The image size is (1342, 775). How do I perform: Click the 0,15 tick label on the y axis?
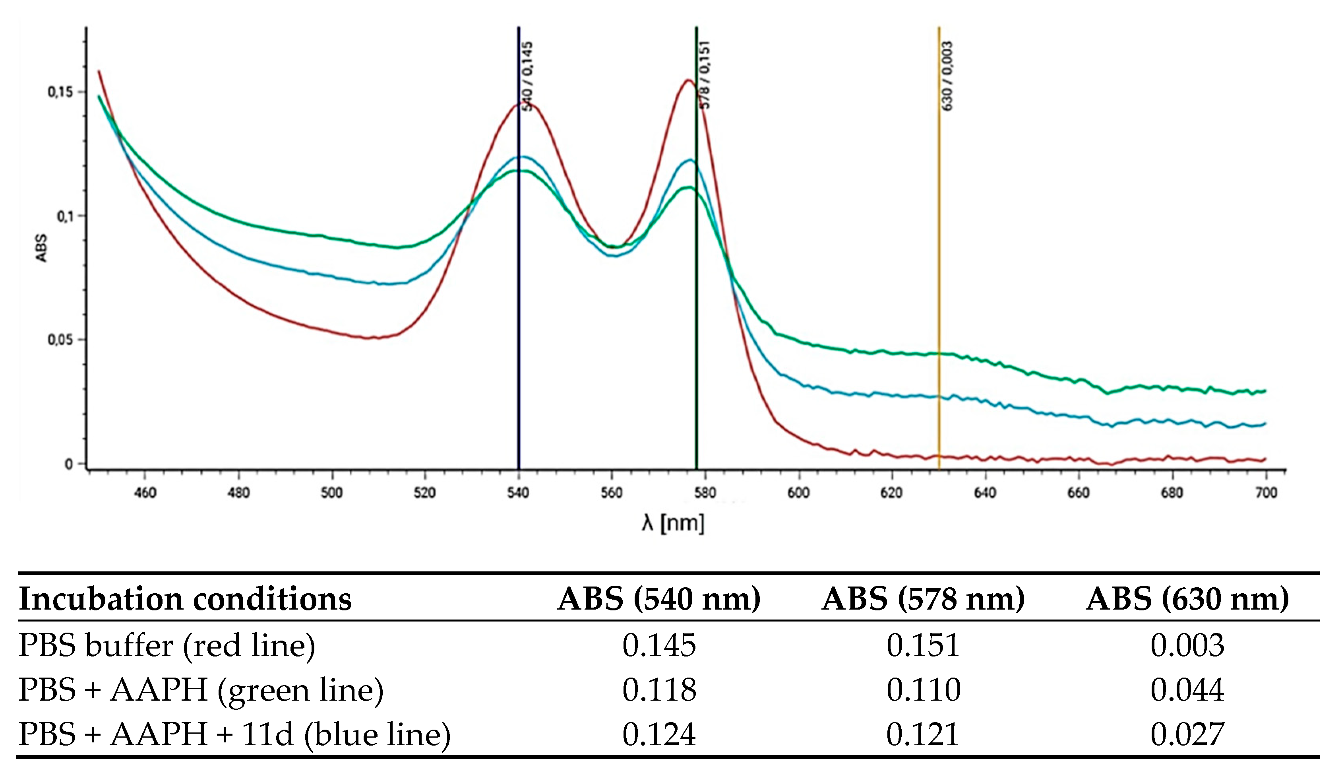[x=60, y=92]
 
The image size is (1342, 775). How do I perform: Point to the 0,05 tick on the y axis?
[x=60, y=340]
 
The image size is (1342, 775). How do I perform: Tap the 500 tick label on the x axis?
[x=331, y=493]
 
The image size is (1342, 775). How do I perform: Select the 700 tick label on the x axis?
[x=1266, y=493]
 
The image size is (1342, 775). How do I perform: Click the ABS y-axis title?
[x=41, y=248]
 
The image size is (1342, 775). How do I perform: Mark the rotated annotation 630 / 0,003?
[x=947, y=76]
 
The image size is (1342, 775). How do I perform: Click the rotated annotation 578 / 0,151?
[x=704, y=74]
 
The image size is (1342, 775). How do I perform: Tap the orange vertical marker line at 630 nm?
[x=939, y=266]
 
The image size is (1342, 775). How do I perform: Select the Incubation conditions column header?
[x=185, y=599]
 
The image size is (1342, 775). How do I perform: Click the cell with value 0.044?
[x=1187, y=690]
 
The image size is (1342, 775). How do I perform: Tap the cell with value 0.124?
[x=659, y=734]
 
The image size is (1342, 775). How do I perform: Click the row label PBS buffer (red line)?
[x=167, y=645]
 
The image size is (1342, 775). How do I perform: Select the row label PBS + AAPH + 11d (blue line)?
[x=234, y=734]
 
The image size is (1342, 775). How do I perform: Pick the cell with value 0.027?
[x=1187, y=734]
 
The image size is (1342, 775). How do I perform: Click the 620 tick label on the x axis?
[x=891, y=493]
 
